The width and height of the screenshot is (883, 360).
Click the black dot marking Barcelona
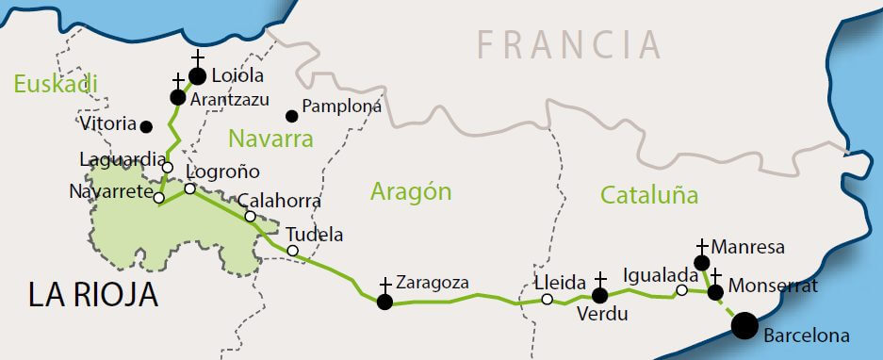744,325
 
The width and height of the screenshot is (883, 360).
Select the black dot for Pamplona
292,116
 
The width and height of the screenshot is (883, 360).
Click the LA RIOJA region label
92,296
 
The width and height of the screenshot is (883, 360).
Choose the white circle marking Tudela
293,251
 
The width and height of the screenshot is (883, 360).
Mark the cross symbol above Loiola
197,58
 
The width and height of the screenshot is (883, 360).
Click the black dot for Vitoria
146,125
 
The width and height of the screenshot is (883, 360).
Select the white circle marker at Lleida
548,300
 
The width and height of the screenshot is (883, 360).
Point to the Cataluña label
649,196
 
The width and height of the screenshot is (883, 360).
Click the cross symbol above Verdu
600,280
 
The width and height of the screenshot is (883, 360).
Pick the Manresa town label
748,247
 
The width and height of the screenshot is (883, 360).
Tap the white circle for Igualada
681,290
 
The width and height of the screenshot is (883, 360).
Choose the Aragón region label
411,192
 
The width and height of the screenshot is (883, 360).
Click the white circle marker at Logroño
189,188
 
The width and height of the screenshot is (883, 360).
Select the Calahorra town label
279,201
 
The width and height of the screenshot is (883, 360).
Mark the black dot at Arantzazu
177,97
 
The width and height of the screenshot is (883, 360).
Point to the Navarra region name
270,140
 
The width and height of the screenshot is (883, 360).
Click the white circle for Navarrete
159,198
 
